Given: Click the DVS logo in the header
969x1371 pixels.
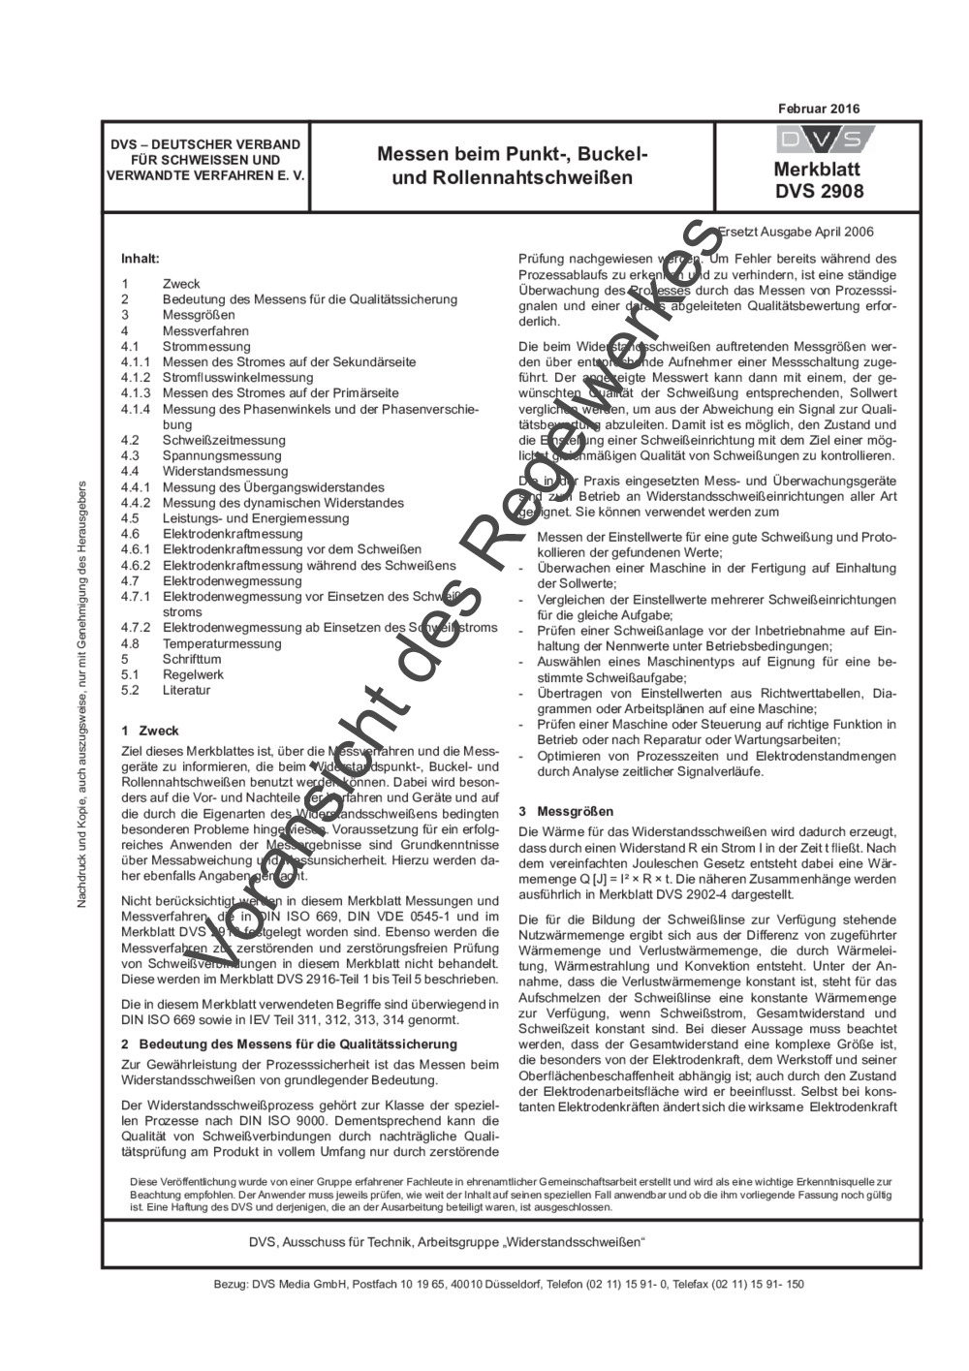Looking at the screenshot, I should coord(819,140).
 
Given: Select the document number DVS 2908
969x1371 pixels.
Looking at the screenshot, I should coord(819,191).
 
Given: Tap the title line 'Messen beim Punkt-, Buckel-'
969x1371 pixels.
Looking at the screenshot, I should coord(512,155).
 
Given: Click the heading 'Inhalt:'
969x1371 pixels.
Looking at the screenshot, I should coord(140,259).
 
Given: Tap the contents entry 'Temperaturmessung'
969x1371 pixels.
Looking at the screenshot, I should coord(222,643).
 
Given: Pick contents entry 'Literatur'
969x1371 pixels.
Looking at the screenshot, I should coord(186,690).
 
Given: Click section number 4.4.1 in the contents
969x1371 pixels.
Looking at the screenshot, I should coord(136,487).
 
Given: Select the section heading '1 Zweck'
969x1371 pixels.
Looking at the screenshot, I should coord(150,731).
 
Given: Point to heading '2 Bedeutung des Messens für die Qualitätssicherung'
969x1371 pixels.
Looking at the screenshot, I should coord(289,1044).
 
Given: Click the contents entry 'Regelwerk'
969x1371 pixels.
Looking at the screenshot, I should coord(193,674).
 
